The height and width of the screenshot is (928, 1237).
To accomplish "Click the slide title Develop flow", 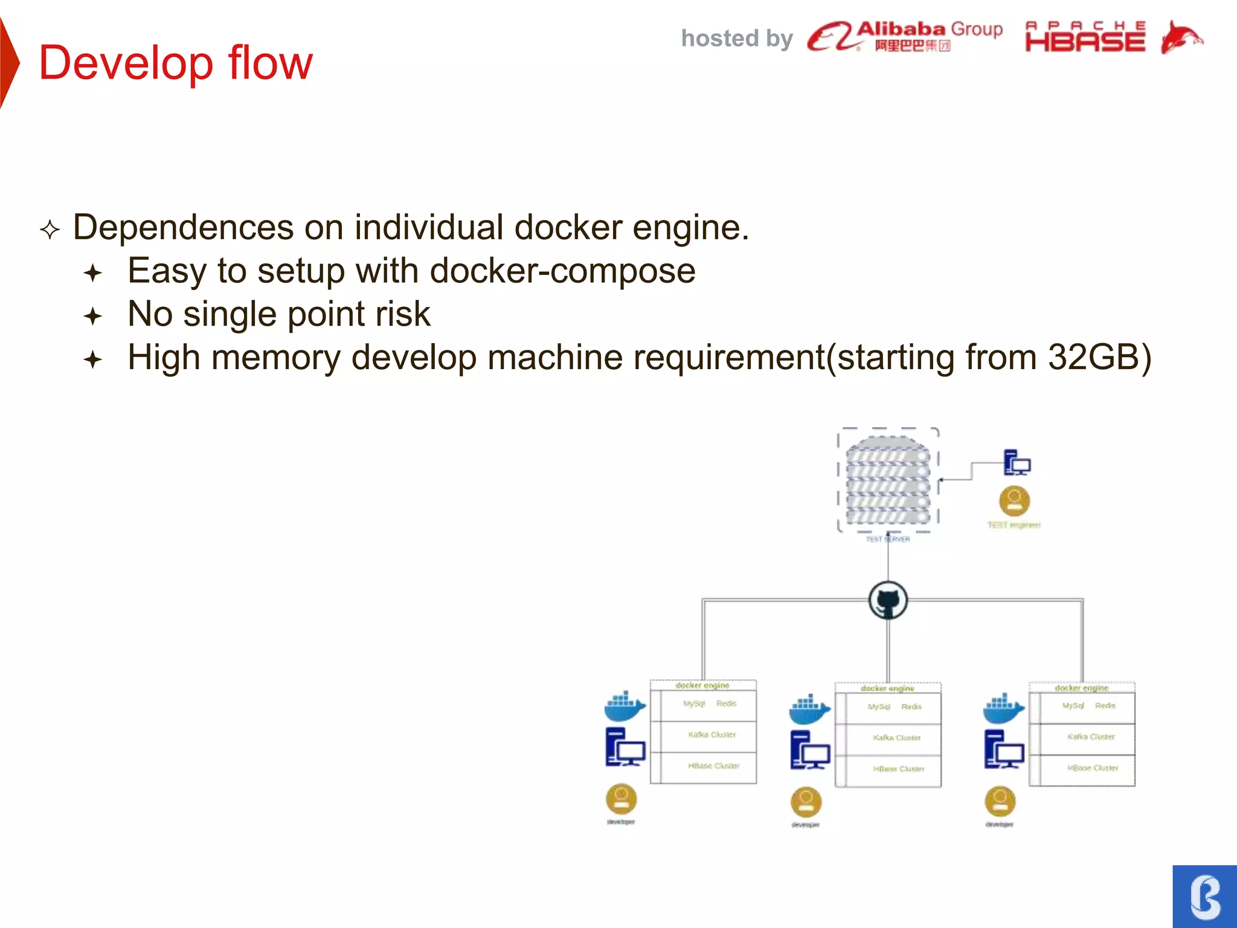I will click(175, 63).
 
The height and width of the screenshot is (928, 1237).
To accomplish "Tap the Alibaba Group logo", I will click(904, 36).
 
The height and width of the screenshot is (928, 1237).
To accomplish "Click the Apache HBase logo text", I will click(1085, 37).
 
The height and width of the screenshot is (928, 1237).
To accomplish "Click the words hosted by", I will click(736, 39).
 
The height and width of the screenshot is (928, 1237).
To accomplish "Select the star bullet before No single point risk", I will click(93, 316).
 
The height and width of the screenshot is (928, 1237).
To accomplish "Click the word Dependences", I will click(183, 228).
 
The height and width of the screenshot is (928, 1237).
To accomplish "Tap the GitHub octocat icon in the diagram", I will click(888, 601).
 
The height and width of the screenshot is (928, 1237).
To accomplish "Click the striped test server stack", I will click(887, 480).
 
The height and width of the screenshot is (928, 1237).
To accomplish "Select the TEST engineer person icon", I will click(1014, 501).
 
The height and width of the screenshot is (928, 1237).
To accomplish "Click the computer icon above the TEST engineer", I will click(1017, 463).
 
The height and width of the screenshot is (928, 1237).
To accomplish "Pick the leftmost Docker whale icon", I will click(625, 706).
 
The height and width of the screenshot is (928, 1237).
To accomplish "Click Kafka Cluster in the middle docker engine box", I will click(896, 738).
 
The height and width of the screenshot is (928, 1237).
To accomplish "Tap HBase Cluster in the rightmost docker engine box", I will click(1092, 768).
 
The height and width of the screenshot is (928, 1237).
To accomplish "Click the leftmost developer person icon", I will click(621, 799).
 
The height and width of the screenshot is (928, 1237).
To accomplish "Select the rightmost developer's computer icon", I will click(1003, 749).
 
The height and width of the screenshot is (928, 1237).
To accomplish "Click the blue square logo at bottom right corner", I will click(1204, 897).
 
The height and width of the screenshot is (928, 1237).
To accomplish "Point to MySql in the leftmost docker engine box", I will click(694, 704).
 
